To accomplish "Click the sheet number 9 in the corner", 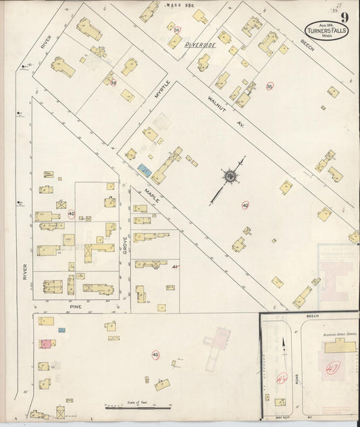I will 345,18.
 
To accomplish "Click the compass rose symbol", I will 231,177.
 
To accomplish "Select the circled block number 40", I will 71,214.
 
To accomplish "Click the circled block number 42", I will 245,204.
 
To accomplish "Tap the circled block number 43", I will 155,354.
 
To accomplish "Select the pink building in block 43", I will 45,343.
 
